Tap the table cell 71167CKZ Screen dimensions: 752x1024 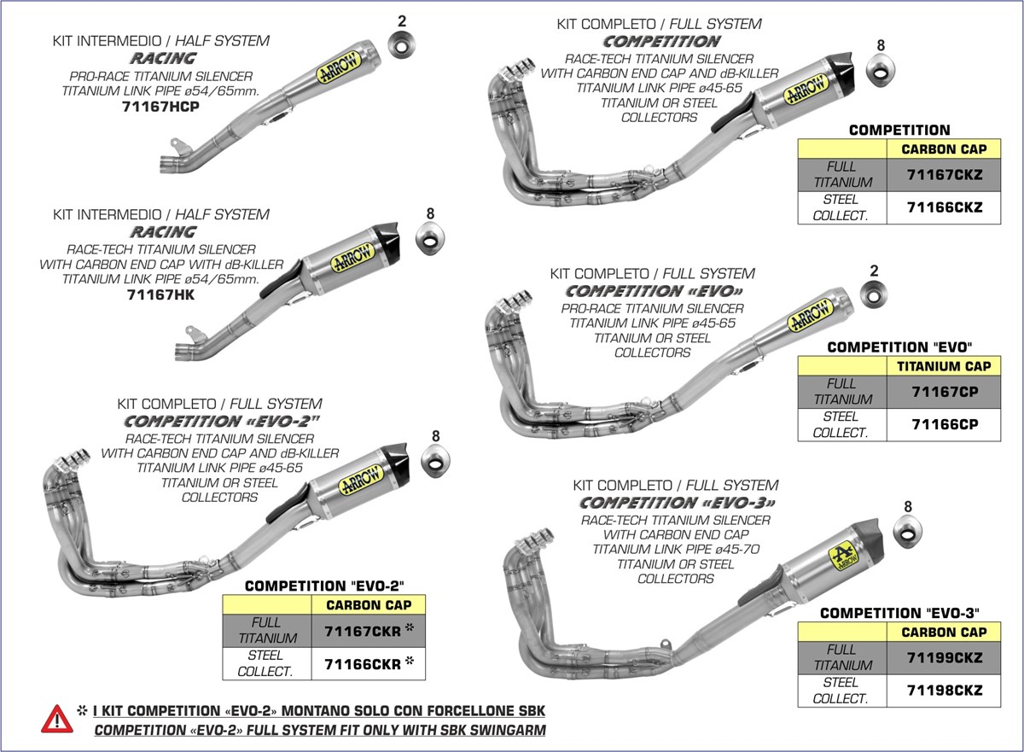[x=944, y=174]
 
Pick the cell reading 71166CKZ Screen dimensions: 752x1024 [x=944, y=207]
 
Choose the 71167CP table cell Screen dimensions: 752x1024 [x=944, y=391]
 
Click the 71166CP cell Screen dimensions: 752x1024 [x=944, y=424]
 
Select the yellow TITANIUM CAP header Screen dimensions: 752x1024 [x=944, y=365]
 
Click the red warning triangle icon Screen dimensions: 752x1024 [x=56, y=719]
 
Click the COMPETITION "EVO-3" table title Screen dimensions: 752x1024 [x=899, y=613]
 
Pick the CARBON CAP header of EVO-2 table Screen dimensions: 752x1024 [x=368, y=604]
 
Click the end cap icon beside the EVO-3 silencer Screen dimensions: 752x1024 [x=906, y=531]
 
